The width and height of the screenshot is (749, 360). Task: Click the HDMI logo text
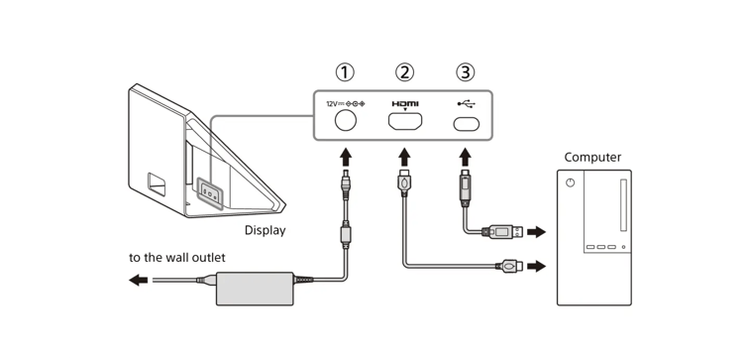pyautogui.click(x=405, y=103)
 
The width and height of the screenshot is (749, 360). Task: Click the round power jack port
pyautogui.click(x=347, y=123)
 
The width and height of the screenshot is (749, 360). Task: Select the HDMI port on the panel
pyautogui.click(x=406, y=123)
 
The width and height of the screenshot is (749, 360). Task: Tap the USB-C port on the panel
pyautogui.click(x=465, y=124)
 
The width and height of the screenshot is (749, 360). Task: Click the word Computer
pyautogui.click(x=592, y=157)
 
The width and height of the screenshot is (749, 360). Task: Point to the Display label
pyautogui.click(x=265, y=230)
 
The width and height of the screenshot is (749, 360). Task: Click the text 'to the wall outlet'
pyautogui.click(x=177, y=258)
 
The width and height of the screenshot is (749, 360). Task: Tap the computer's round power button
pyautogui.click(x=570, y=183)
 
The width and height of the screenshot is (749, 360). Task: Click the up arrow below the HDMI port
pyautogui.click(x=406, y=157)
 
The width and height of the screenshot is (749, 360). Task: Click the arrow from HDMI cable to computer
pyautogui.click(x=538, y=266)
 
